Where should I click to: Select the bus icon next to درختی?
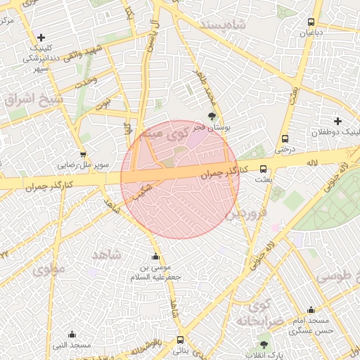tap(285, 139)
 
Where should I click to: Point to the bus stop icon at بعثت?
tap(264, 169)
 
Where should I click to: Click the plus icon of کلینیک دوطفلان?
tap(338, 121)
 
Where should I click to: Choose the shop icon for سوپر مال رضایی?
tap(84, 155)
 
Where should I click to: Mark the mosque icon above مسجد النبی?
tap(71, 335)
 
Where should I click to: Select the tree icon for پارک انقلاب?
tap(264, 345)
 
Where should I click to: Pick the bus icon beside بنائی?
tap(181, 340)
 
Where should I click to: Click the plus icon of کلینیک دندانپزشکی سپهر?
tap(41, 37)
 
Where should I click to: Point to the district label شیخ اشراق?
tap(33, 98)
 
